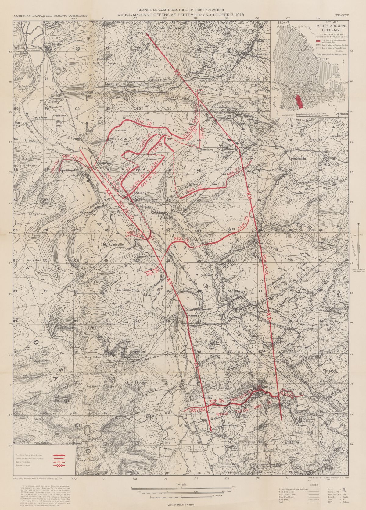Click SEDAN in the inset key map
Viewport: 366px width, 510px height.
(x=281, y=22)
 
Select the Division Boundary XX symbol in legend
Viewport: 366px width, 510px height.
(x=60, y=466)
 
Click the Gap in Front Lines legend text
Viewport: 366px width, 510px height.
(x=24, y=462)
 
